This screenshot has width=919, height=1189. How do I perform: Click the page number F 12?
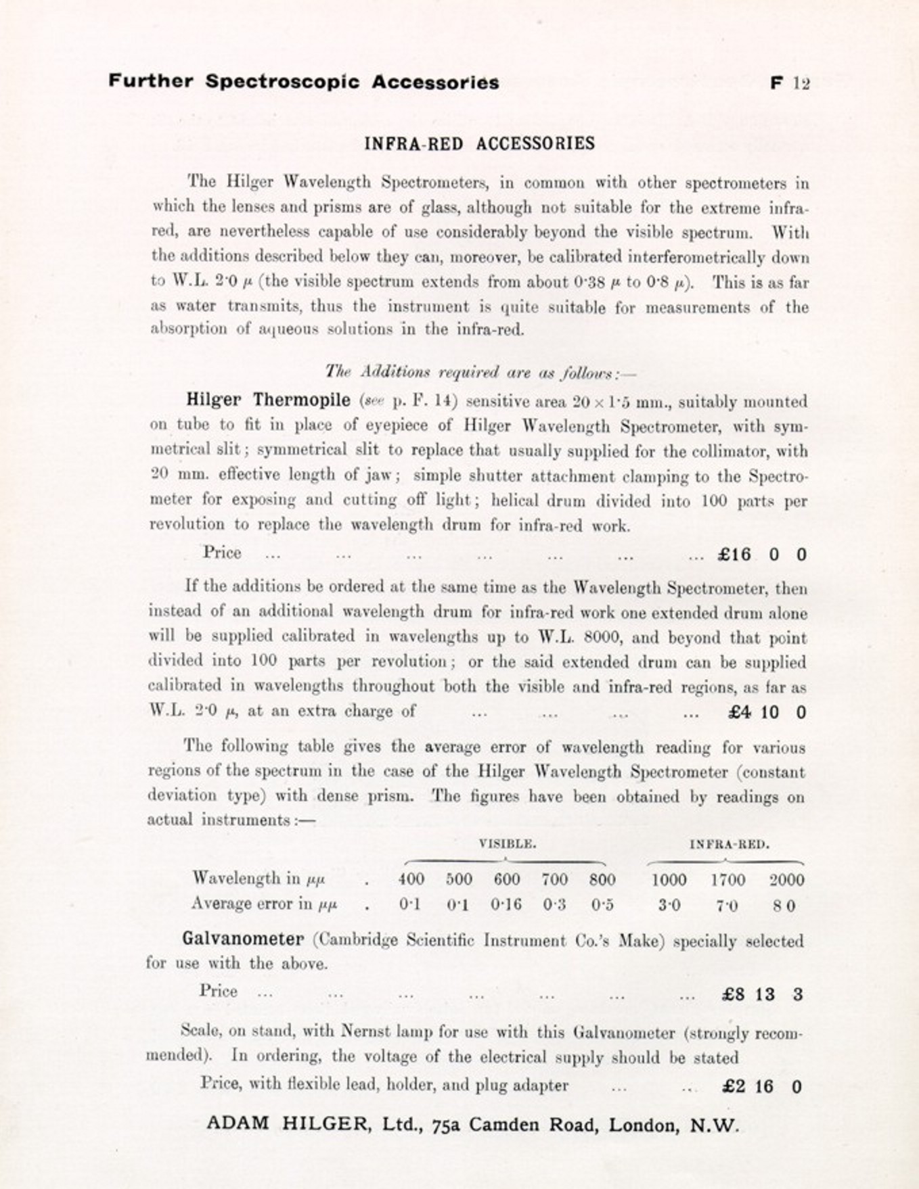pyautogui.click(x=790, y=83)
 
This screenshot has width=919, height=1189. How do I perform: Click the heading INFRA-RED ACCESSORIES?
pyautogui.click(x=479, y=143)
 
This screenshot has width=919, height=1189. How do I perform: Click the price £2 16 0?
pyautogui.click(x=762, y=1087)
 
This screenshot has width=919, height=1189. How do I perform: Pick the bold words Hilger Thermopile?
pyautogui.click(x=268, y=400)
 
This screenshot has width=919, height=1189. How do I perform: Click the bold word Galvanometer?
pyautogui.click(x=243, y=939)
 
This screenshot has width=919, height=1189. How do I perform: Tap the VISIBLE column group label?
pyautogui.click(x=508, y=843)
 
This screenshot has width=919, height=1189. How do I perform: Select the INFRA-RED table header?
pyautogui.click(x=730, y=844)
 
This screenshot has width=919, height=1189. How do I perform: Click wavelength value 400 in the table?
pyautogui.click(x=411, y=879)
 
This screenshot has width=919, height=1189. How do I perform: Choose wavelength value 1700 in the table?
pyautogui.click(x=727, y=880)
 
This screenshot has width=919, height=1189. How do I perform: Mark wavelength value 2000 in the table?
pyautogui.click(x=786, y=880)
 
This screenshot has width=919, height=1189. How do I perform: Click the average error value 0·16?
pyautogui.click(x=506, y=905)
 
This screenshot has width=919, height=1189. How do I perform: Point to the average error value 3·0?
pyautogui.click(x=669, y=905)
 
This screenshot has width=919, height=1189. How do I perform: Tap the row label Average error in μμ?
pyautogui.click(x=264, y=904)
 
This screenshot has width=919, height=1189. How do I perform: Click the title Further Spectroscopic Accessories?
pyautogui.click(x=304, y=82)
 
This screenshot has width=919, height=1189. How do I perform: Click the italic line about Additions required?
pyautogui.click(x=480, y=372)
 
